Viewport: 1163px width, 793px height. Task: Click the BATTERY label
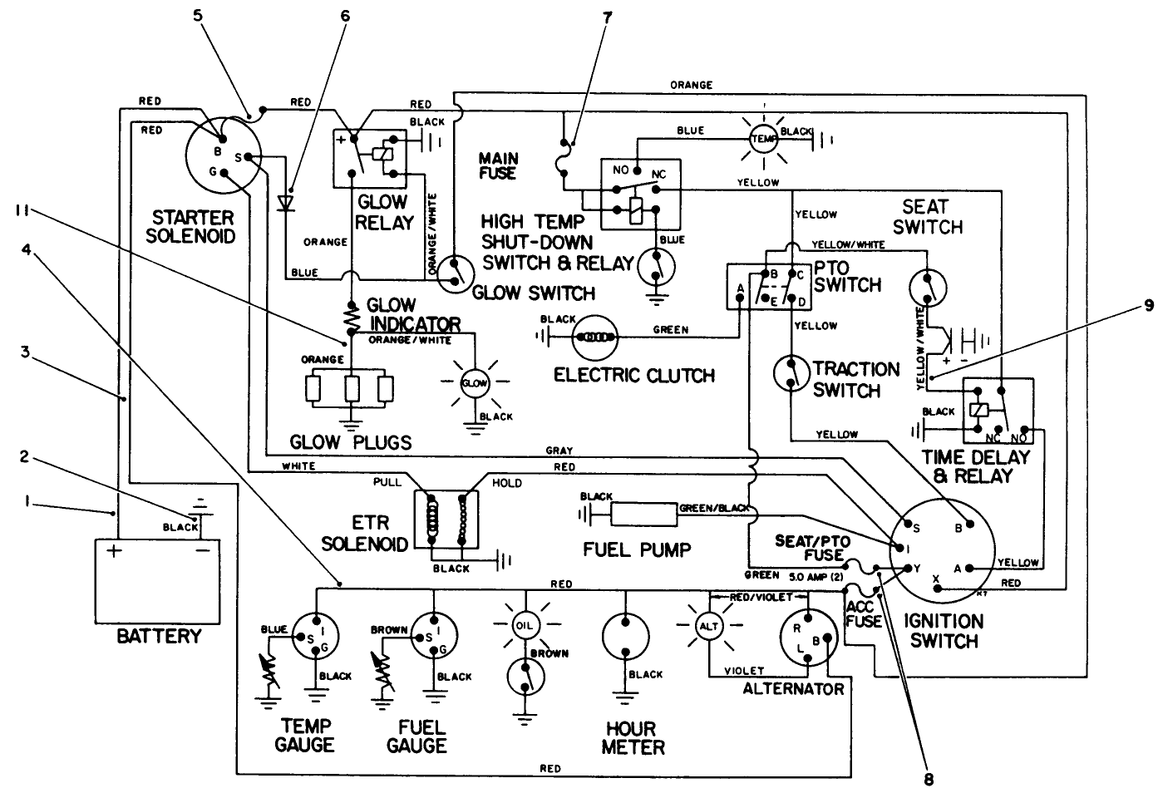point(159,637)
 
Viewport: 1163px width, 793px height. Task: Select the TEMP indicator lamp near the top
point(763,140)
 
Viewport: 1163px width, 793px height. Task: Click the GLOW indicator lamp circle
point(475,382)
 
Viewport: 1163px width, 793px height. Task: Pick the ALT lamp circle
point(709,626)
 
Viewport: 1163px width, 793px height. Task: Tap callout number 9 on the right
point(1148,306)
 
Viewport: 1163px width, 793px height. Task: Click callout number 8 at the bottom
point(928,780)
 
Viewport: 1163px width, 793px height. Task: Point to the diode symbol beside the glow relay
point(287,202)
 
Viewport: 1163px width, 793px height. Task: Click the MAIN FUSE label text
point(498,165)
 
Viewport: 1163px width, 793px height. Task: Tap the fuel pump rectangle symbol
point(644,514)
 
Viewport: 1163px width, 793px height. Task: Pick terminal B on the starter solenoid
point(217,152)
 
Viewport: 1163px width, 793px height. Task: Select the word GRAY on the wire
point(559,451)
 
